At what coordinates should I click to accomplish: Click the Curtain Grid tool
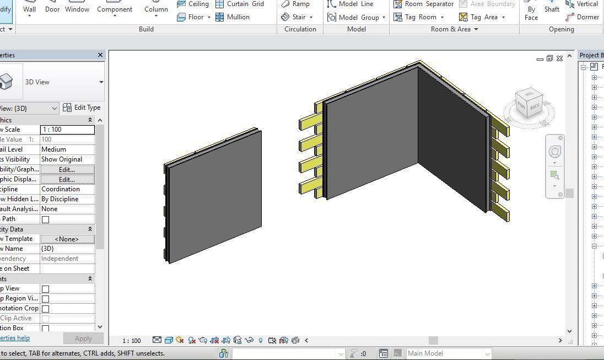click(x=239, y=4)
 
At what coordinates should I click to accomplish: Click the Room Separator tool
click(x=423, y=4)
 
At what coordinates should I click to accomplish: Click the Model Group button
click(x=356, y=17)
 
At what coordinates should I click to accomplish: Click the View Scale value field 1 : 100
click(x=67, y=130)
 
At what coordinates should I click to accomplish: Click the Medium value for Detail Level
click(x=67, y=149)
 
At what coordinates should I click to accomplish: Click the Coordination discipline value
click(x=67, y=189)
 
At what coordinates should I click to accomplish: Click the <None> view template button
click(x=67, y=239)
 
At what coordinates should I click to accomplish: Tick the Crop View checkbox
click(x=46, y=289)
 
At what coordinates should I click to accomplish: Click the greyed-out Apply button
click(x=83, y=338)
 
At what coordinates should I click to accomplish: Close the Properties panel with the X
click(x=100, y=55)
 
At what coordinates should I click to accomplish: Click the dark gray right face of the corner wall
click(x=452, y=138)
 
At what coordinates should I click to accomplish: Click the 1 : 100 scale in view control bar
click(x=131, y=341)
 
